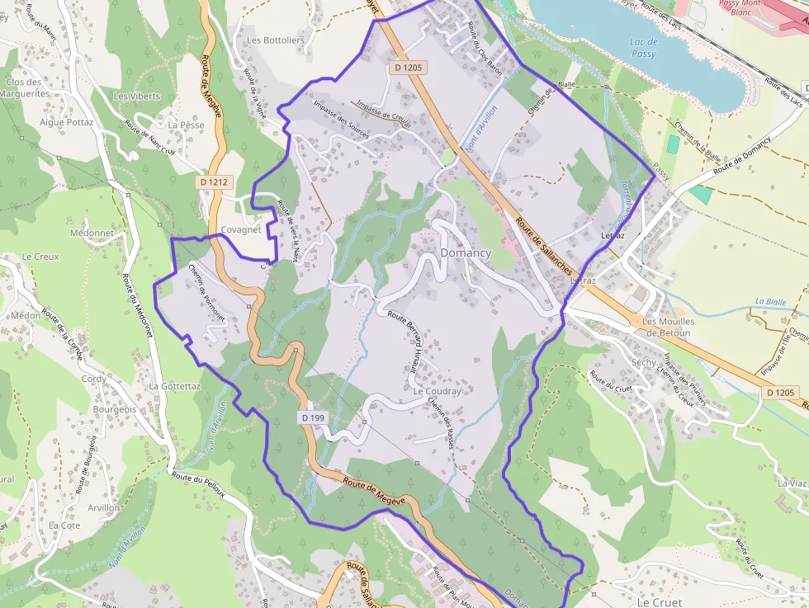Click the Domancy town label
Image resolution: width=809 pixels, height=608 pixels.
pyautogui.click(x=466, y=252)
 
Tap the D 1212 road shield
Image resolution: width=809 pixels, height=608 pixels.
pyautogui.click(x=213, y=181)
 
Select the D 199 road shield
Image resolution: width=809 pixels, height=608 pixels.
pyautogui.click(x=314, y=418)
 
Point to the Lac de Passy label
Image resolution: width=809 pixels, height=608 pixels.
pyautogui.click(x=643, y=48)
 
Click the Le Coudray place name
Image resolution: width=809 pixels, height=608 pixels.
pyautogui.click(x=438, y=391)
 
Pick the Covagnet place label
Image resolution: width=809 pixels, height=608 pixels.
pyautogui.click(x=241, y=230)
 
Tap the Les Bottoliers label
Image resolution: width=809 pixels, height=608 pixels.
pyautogui.click(x=276, y=40)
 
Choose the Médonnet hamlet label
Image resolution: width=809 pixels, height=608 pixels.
pyautogui.click(x=92, y=233)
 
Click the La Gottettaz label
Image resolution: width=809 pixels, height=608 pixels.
pyautogui.click(x=174, y=385)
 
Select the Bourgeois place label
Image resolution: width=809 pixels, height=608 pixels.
pyautogui.click(x=115, y=409)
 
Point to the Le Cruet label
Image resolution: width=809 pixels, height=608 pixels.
pyautogui.click(x=659, y=602)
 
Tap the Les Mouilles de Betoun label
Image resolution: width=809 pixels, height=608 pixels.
pyautogui.click(x=668, y=327)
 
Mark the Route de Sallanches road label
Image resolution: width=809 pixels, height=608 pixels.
pyautogui.click(x=543, y=246)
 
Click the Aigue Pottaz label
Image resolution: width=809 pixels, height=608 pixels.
pyautogui.click(x=67, y=122)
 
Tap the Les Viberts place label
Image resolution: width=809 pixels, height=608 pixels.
pyautogui.click(x=137, y=96)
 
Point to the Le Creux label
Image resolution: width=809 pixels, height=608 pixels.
pyautogui.click(x=40, y=257)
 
